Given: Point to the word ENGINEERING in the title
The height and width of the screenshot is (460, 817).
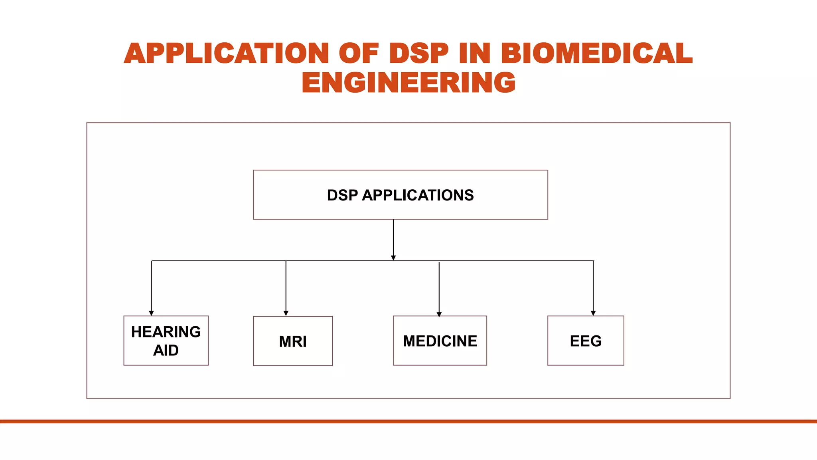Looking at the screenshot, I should pos(408,83).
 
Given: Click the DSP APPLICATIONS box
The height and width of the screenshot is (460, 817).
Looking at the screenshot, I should pos(400,195).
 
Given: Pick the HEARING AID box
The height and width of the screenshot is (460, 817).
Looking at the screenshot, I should pos(166,341).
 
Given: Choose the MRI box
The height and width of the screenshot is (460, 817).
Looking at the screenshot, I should pos(293,341).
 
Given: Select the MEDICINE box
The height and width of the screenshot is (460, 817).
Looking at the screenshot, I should pos(440,341).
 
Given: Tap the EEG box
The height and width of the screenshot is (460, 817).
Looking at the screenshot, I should pos(586,341).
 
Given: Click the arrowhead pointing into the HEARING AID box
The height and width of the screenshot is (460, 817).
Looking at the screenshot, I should pos(151,313).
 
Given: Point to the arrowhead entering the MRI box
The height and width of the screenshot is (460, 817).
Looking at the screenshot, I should pos(286,313).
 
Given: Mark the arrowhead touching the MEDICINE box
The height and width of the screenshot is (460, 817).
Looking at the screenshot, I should pos(439,314).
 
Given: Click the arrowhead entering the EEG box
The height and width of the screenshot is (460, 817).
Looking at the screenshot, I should pos(593,313).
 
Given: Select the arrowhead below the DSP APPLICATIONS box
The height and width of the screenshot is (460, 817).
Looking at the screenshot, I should pos(393,258).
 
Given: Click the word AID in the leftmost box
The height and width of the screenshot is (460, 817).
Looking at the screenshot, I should pos(166,350).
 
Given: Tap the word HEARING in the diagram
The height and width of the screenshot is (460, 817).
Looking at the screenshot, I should pos(166,332).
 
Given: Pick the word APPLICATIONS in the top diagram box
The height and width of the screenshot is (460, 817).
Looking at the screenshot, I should pos(418,195).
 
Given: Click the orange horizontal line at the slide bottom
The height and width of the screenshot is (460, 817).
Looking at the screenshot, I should pos(408,421).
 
